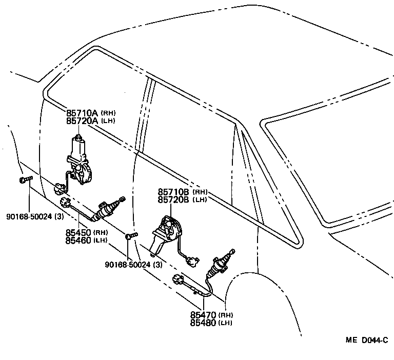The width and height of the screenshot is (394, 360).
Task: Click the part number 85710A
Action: coord(82,113)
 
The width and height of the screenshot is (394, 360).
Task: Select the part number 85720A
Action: coord(82,121)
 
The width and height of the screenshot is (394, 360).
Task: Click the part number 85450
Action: coord(78,232)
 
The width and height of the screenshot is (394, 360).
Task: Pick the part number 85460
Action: coord(78,240)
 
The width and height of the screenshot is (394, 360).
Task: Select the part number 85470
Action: coord(204,315)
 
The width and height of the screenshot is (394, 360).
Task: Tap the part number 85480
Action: coord(204,323)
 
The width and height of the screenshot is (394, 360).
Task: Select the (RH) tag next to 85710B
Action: coord(200,192)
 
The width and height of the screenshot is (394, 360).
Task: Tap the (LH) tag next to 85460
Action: coord(100,241)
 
